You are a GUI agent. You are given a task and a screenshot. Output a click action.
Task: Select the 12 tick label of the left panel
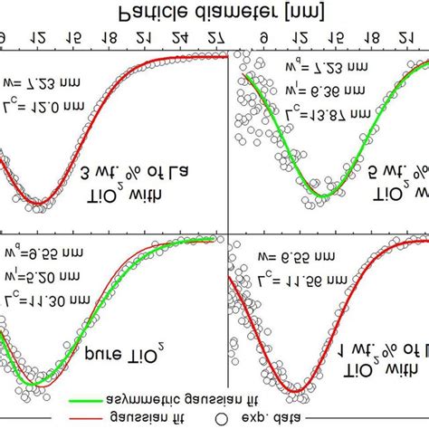36,40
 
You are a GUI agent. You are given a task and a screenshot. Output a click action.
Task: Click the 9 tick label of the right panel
262,40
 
